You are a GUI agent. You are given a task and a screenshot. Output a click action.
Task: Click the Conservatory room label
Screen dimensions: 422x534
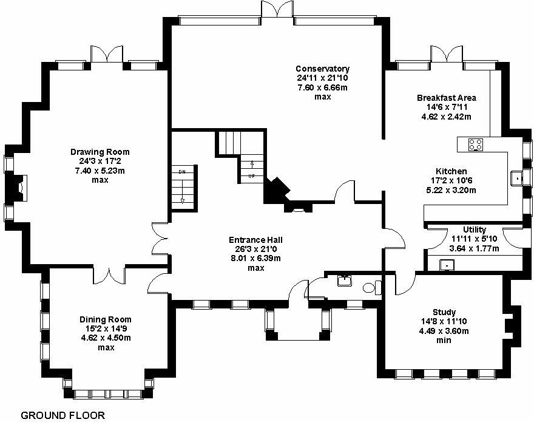(x=322, y=69)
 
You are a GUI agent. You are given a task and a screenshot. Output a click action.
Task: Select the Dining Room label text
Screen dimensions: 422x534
(x=106, y=319)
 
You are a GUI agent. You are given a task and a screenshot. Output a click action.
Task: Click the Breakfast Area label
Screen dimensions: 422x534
(x=446, y=98)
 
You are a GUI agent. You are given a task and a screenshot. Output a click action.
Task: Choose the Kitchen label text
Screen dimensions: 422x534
(x=451, y=171)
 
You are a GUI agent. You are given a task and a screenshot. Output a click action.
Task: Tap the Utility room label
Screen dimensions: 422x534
(x=474, y=230)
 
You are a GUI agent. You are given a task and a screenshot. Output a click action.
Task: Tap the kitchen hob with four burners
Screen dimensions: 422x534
(x=475, y=145)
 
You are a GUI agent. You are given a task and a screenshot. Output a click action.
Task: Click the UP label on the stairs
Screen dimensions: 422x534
(x=252, y=176)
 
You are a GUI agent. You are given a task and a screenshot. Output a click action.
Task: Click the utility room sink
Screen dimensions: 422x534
(x=446, y=265)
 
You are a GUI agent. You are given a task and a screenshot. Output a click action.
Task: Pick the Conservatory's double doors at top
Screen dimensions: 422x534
(x=277, y=11)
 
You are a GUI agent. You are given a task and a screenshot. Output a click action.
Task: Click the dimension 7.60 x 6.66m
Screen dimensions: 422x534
(x=322, y=87)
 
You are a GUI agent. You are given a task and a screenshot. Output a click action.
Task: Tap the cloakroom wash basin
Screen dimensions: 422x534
(x=344, y=280)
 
